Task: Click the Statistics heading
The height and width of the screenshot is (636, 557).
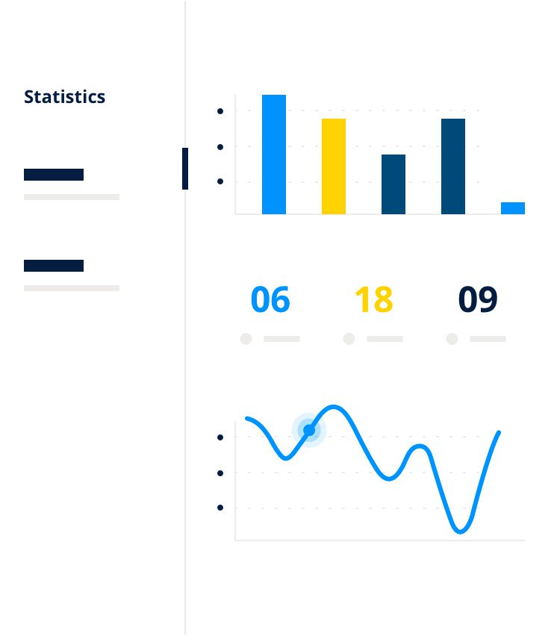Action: [x=64, y=97]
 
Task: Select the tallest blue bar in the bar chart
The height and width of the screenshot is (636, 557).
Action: [x=274, y=154]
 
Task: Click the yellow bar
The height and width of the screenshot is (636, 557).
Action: [x=334, y=166]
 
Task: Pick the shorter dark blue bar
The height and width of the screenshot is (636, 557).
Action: [x=393, y=184]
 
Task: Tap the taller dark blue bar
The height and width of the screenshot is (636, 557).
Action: [x=453, y=166]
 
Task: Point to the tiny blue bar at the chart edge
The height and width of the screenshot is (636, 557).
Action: [x=513, y=208]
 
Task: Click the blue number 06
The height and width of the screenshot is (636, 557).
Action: [x=270, y=299]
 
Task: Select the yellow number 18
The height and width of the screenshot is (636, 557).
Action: [x=373, y=299]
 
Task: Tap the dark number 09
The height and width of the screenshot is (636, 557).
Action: [x=478, y=299]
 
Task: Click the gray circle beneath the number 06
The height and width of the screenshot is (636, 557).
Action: [x=246, y=339]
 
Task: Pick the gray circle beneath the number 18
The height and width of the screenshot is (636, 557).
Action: [x=349, y=339]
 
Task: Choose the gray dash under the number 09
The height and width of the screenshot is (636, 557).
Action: [x=488, y=339]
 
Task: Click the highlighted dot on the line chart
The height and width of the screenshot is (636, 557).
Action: [x=309, y=430]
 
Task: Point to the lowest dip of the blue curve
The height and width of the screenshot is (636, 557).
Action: [x=460, y=531]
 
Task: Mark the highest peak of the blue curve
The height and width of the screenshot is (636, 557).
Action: [x=333, y=406]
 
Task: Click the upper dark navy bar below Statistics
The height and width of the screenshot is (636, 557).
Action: [x=54, y=175]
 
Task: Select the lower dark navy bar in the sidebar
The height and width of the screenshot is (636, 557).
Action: [x=54, y=266]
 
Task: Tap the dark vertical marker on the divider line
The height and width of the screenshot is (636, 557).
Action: [x=185, y=168]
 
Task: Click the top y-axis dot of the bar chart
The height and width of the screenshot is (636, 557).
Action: [x=220, y=111]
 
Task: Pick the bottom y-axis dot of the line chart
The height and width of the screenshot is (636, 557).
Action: [x=220, y=508]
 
